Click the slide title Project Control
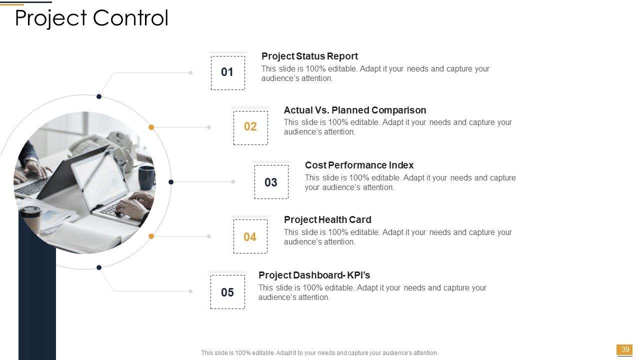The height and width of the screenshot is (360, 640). click(91, 18)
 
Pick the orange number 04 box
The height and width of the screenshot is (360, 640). click(250, 236)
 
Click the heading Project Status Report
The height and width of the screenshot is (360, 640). click(309, 56)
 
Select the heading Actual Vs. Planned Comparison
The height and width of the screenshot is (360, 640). click(355, 110)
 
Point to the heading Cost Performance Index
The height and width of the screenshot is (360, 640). click(359, 165)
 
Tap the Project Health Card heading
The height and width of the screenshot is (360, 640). click(327, 219)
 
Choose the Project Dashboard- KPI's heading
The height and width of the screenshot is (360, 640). click(314, 275)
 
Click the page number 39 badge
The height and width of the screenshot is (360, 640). click(625, 349)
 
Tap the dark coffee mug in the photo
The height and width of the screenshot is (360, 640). click(146, 177)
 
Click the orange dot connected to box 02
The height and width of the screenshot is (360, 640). click(151, 127)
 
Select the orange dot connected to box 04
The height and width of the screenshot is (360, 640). click(151, 236)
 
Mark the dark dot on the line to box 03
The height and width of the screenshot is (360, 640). click(171, 182)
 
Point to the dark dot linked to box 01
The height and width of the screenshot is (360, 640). click(99, 96)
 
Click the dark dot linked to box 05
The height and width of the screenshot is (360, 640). click(99, 267)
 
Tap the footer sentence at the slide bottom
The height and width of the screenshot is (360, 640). click(319, 353)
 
